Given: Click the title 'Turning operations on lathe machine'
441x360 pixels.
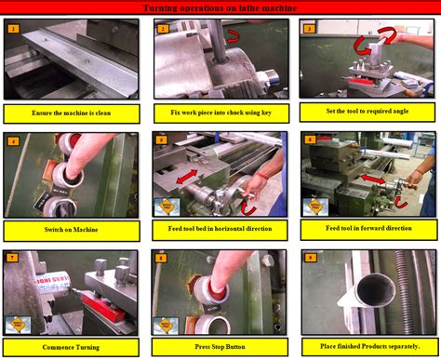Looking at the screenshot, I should pyautogui.click(x=220, y=8).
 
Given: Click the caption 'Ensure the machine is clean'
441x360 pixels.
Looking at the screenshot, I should pyautogui.click(x=72, y=113).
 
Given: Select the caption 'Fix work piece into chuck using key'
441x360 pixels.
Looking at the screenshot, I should pyautogui.click(x=220, y=113).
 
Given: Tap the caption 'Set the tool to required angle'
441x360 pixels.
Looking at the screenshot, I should pyautogui.click(x=367, y=113).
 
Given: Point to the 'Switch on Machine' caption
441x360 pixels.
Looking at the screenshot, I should pyautogui.click(x=72, y=230).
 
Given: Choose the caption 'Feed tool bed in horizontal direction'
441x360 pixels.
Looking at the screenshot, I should pyautogui.click(x=220, y=230).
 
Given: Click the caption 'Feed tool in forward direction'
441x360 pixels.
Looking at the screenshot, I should pyautogui.click(x=367, y=230).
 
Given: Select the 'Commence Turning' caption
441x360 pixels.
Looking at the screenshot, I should pyautogui.click(x=72, y=347).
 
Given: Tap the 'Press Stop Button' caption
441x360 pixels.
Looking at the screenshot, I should pyautogui.click(x=220, y=347).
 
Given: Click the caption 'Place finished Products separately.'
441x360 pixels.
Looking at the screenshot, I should pyautogui.click(x=367, y=347).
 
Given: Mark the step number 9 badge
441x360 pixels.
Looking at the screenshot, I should pyautogui.click(x=311, y=258).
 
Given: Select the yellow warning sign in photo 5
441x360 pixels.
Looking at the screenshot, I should pyautogui.click(x=167, y=206).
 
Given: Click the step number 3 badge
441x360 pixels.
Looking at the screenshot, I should pyautogui.click(x=310, y=29).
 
